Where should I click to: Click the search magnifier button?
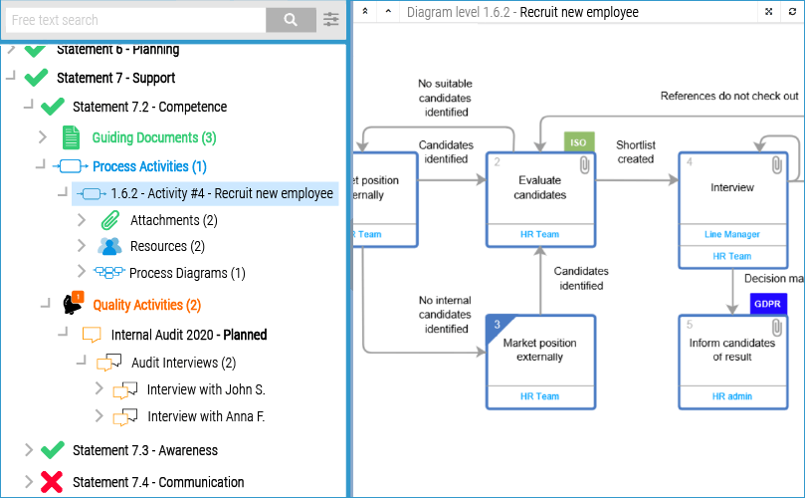(291, 20)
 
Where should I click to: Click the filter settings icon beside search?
(331, 20)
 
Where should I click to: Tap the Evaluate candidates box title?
(541, 187)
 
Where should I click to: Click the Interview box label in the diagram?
(731, 187)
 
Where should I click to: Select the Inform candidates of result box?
(731, 350)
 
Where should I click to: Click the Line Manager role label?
(732, 235)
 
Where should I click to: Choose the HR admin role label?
(731, 396)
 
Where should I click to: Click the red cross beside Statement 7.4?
(52, 482)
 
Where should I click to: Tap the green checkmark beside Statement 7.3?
(53, 450)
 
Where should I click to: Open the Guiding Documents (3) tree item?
(153, 137)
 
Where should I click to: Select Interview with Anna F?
(205, 417)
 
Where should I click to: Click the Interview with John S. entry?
(205, 389)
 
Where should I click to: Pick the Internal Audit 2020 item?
(188, 335)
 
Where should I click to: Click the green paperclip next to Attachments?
(110, 220)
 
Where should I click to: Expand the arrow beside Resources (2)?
(83, 246)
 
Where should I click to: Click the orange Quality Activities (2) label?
(146, 305)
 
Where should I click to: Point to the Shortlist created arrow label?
(635, 152)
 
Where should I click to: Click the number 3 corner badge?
(497, 325)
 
